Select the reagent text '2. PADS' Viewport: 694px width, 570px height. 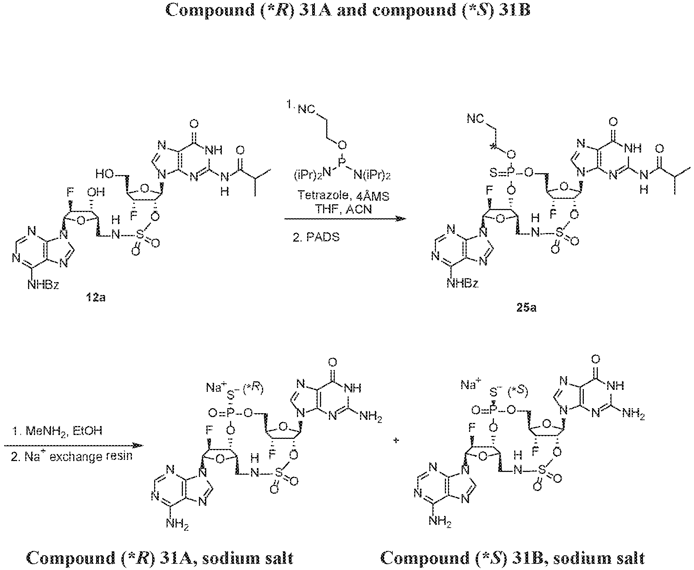316,237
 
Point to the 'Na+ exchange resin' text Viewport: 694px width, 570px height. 77,455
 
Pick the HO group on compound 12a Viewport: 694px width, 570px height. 104,175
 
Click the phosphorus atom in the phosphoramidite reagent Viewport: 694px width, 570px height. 342,160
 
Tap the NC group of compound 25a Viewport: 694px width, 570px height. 476,119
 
